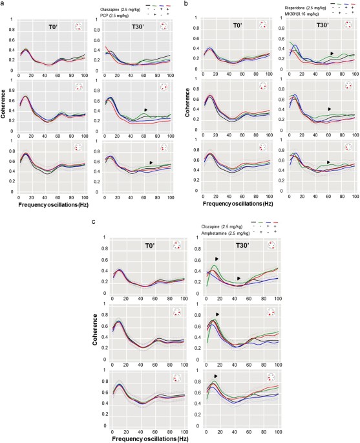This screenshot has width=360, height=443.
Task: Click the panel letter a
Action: pos(5,5)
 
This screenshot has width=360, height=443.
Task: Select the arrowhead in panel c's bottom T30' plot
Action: pos(216,376)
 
